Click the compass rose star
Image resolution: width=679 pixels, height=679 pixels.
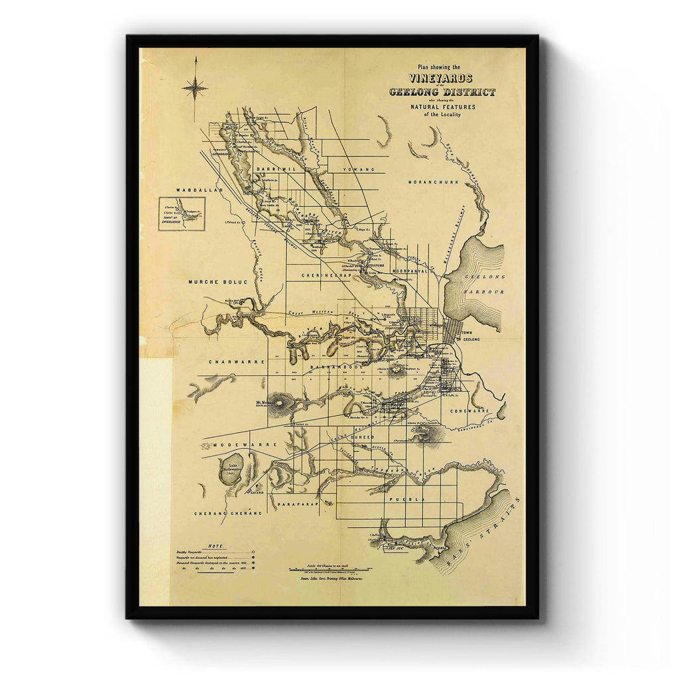[194, 88]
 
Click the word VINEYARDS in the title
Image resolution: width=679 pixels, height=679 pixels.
[442, 78]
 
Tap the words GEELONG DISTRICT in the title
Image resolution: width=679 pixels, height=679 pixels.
[442, 92]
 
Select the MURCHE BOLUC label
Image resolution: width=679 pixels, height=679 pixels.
[217, 282]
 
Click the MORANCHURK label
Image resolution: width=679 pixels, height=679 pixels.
[434, 182]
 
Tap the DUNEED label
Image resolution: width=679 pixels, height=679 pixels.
[362, 438]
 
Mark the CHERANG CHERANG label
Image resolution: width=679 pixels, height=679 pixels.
[219, 513]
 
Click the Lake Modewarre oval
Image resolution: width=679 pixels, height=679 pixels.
[231, 469]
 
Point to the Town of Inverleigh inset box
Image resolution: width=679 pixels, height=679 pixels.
[182, 214]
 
